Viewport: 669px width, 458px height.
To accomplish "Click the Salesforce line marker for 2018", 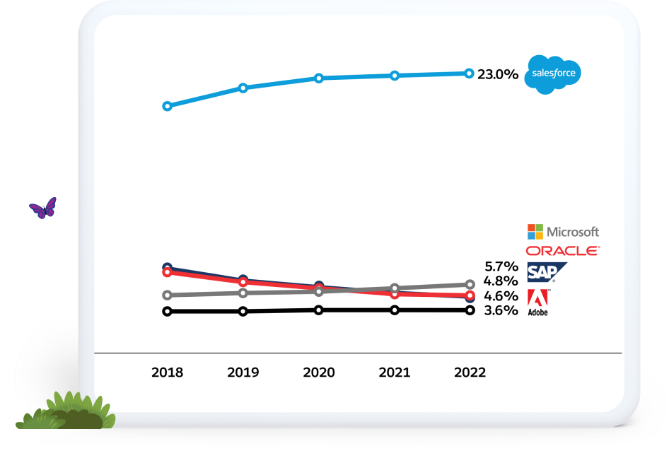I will pyautogui.click(x=167, y=106).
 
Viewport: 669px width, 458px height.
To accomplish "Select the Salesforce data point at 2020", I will pyautogui.click(x=319, y=78).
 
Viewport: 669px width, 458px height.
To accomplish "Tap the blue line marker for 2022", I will pyautogui.click(x=469, y=73).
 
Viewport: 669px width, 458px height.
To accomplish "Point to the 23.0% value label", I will pyautogui.click(x=498, y=74).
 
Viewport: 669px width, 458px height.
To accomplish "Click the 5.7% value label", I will pyautogui.click(x=501, y=266).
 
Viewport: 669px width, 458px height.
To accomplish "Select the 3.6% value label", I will pyautogui.click(x=501, y=310).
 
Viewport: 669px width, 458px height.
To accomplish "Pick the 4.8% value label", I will pyautogui.click(x=501, y=281).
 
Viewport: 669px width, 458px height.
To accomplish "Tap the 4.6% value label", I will pyautogui.click(x=501, y=296).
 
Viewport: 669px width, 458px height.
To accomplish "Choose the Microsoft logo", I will pyautogui.click(x=563, y=232).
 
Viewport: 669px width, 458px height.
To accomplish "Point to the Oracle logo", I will pyautogui.click(x=563, y=250).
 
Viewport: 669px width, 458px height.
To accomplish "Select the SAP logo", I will pyautogui.click(x=547, y=272).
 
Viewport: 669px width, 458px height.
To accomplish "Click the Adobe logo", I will pyautogui.click(x=537, y=302).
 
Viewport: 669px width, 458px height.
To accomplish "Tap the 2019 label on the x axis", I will pyautogui.click(x=243, y=372).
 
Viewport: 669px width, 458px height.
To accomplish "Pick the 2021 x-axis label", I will pyautogui.click(x=395, y=372).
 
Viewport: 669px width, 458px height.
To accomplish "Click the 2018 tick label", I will pyautogui.click(x=167, y=372).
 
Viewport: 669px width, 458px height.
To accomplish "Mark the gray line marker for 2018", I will pyautogui.click(x=167, y=295).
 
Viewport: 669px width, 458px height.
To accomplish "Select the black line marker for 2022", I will pyautogui.click(x=470, y=310).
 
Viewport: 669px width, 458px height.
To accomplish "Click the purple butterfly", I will pyautogui.click(x=42, y=208).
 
